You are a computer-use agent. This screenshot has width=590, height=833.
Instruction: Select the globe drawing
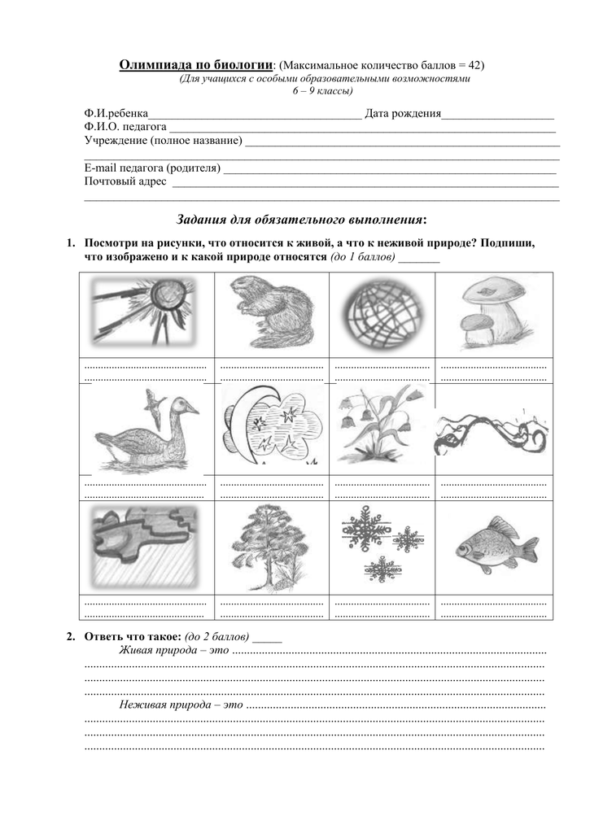(x=382, y=313)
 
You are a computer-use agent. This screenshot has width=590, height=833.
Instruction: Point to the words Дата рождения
(x=403, y=114)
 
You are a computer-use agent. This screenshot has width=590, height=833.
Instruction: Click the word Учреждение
(x=116, y=141)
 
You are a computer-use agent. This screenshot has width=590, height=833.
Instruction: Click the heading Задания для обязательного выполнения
(x=301, y=220)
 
